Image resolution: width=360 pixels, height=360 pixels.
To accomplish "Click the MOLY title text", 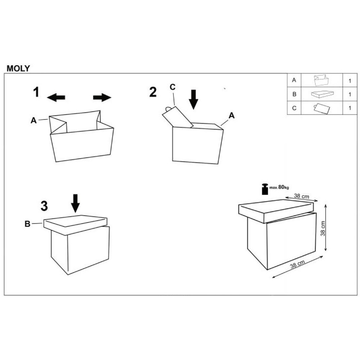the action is click(18, 68).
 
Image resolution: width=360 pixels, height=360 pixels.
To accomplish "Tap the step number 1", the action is click(36, 92).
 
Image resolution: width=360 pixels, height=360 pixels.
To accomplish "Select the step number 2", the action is click(153, 92).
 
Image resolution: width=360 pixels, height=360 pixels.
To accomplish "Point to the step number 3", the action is click(44, 206).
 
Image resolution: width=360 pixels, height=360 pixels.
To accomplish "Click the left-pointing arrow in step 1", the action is click(56, 97).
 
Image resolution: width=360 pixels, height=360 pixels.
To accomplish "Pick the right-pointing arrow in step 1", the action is click(102, 97).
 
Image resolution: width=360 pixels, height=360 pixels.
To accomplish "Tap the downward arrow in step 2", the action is click(194, 100).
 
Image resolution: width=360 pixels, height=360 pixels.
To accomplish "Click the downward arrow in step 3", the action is click(75, 203).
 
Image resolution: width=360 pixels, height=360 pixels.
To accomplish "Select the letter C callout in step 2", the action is click(172, 87).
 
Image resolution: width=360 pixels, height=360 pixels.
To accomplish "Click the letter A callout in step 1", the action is click(33, 120).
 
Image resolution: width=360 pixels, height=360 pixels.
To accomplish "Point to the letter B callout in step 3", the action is click(27, 224).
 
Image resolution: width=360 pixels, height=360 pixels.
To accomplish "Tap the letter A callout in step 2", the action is click(231, 116).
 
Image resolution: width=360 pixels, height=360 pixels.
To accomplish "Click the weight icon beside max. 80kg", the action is click(265, 189).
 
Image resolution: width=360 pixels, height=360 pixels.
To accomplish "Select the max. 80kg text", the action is click(279, 187).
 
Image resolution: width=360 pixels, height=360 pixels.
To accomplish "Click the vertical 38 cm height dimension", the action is click(323, 229).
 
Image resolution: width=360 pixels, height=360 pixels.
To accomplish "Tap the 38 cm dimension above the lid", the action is click(301, 196).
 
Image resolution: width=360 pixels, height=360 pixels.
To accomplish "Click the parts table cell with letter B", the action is click(294, 94).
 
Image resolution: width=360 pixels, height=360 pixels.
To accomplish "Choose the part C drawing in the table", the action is click(322, 108).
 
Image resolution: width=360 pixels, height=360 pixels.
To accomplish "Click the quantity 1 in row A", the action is click(350, 81).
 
